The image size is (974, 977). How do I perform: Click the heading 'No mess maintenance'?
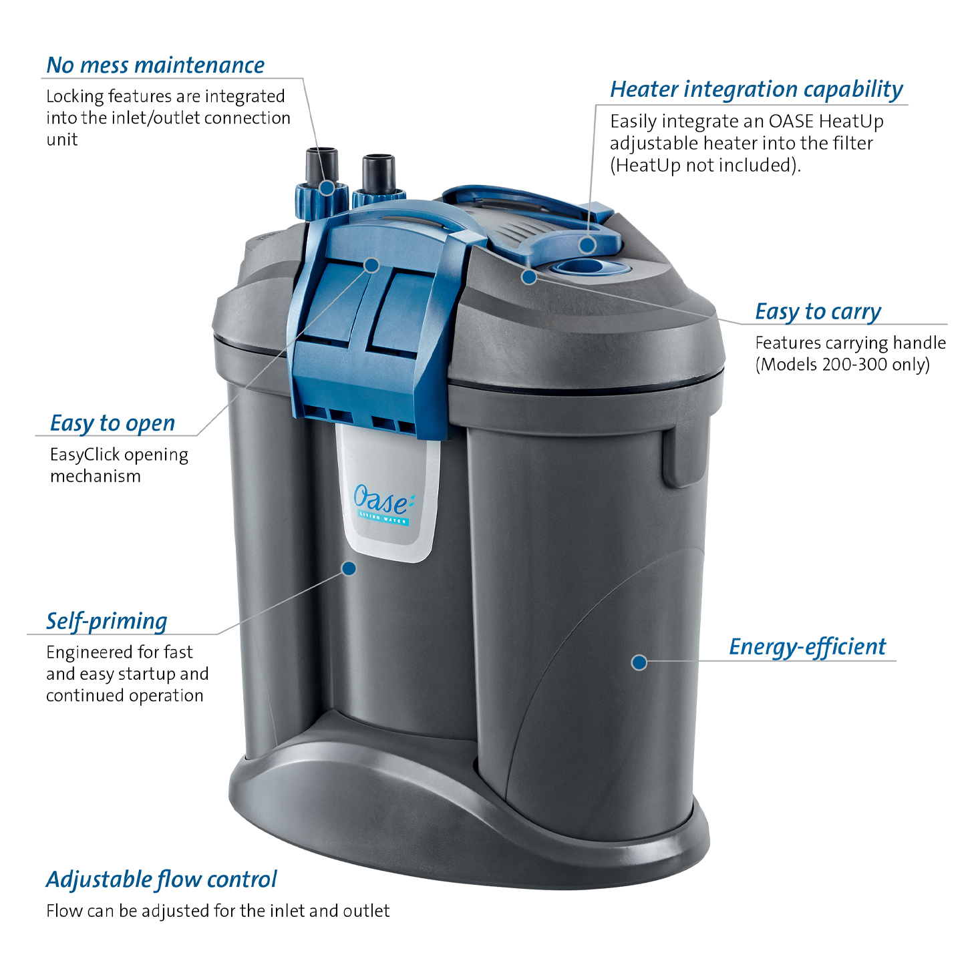point(155,65)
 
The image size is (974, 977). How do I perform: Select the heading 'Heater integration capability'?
point(756,89)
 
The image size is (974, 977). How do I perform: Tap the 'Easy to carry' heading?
point(818,312)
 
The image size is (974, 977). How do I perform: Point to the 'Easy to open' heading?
point(112,423)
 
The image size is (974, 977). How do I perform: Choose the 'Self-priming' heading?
point(106,622)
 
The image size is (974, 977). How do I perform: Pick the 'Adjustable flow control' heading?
point(161,880)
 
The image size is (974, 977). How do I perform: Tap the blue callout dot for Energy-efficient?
point(639,662)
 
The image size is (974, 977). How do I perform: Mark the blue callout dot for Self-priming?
point(349,568)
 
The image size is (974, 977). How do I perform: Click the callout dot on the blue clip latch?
point(372,265)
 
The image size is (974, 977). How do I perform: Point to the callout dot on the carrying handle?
point(529,277)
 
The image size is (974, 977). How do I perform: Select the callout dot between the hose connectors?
point(327,188)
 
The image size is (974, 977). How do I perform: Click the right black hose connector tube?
point(378,174)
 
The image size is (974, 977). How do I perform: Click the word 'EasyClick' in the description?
point(85,455)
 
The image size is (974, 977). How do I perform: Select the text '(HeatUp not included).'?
point(705,166)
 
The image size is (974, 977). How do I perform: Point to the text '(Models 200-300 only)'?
point(842,365)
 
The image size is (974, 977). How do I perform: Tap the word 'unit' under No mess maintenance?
point(62,140)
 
